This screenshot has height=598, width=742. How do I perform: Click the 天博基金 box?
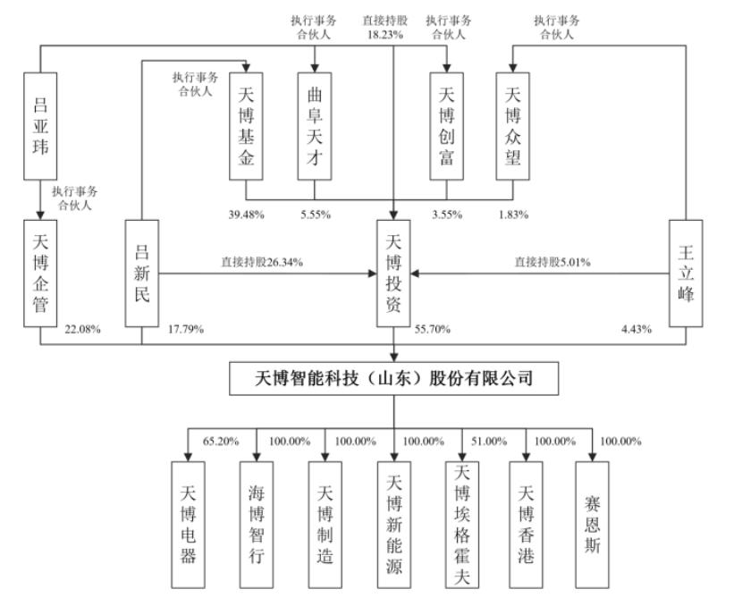pos(246,124)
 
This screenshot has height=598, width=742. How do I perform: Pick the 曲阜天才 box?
pos(314,124)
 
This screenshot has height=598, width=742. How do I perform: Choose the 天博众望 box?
pos(513,124)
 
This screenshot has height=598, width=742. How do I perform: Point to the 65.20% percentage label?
pos(220,441)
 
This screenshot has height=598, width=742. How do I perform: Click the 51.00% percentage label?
pos(488,441)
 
